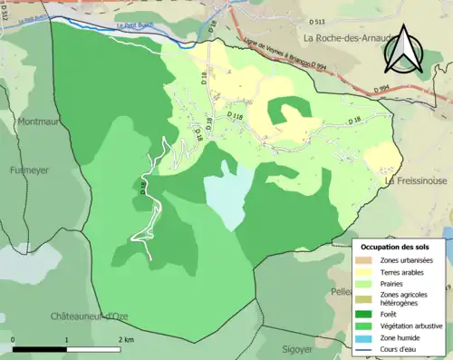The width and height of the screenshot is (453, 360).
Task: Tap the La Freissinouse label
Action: coord(417,181)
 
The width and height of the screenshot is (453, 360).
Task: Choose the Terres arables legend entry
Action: coord(404,272)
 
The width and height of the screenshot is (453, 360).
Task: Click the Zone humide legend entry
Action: coord(404,339)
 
